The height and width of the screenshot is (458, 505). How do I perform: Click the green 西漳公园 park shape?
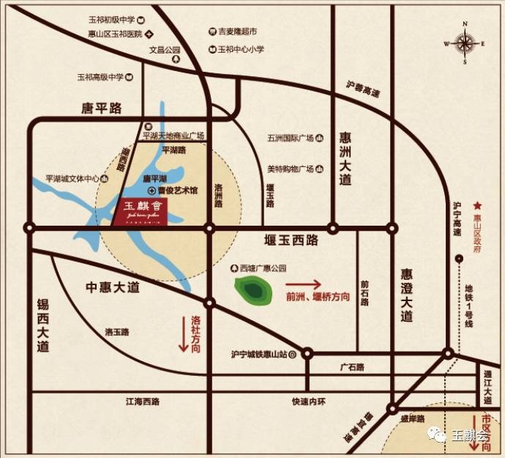pos(252,290)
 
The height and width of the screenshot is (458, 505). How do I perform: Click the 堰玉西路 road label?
pos(291,239)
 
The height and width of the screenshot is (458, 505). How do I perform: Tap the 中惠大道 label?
pos(113,287)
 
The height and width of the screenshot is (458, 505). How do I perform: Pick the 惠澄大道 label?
pos(406,295)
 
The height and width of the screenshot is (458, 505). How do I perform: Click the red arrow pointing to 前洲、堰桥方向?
pos(303,284)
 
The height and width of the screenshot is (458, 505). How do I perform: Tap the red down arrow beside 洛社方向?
pos(184,336)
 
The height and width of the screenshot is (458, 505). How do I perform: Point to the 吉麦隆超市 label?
pos(238,32)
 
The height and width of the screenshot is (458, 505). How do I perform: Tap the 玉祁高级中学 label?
pos(102,76)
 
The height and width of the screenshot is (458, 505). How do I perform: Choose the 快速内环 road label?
pos(307,402)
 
